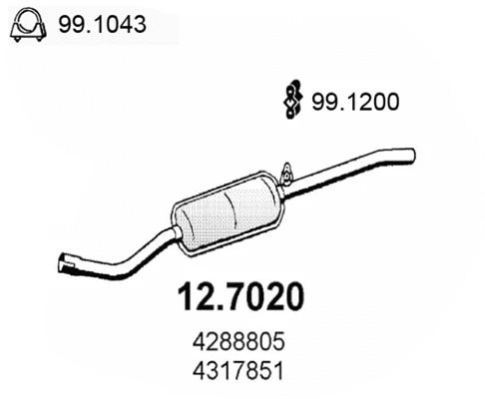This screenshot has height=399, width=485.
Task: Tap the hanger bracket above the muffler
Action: [284, 177]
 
